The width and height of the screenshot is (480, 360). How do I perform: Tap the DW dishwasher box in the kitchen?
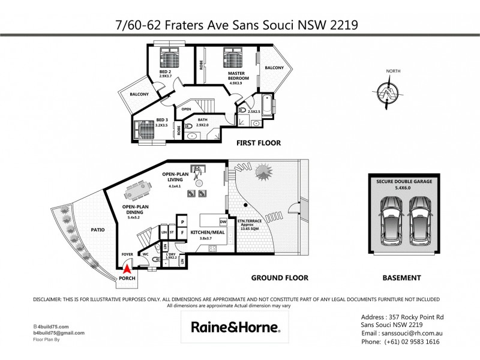(223, 221)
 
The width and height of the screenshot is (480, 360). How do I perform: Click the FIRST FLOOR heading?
(259, 143)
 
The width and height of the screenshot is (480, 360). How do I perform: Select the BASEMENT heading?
(401, 278)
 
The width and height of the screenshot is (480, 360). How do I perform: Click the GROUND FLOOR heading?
(280, 278)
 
